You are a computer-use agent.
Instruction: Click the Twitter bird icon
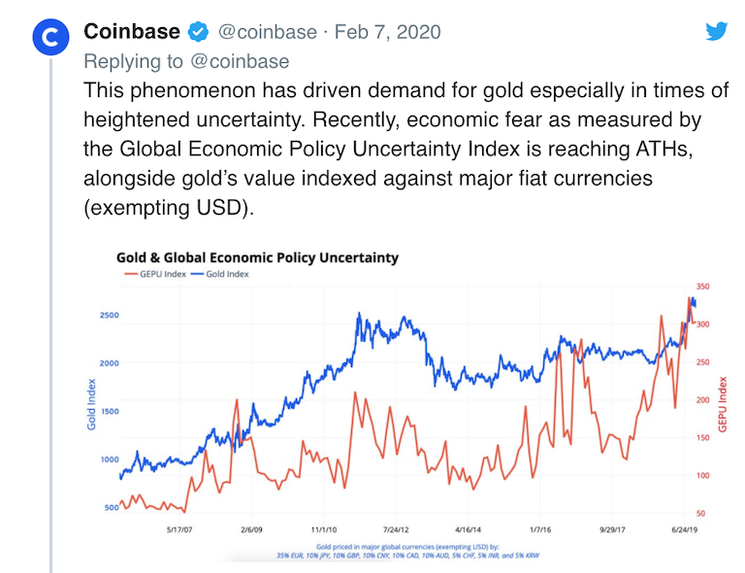pyautogui.click(x=716, y=31)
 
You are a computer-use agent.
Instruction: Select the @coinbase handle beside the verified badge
pyautogui.click(x=266, y=32)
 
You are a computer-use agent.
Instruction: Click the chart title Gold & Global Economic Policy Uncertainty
pyautogui.click(x=257, y=258)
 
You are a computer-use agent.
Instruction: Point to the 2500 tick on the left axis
pyautogui.click(x=109, y=315)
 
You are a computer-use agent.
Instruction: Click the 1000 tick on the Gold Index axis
pyautogui.click(x=109, y=459)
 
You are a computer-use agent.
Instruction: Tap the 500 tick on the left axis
pyautogui.click(x=112, y=508)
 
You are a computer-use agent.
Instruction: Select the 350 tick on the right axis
pyautogui.click(x=702, y=287)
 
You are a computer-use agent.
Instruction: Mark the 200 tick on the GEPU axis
pyautogui.click(x=702, y=400)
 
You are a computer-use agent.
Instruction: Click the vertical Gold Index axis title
pyautogui.click(x=93, y=404)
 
